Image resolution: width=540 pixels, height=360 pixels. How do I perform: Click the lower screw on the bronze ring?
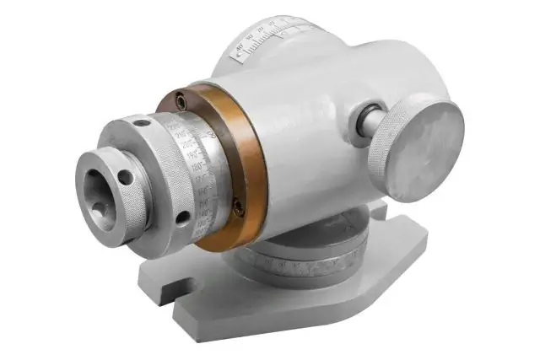point(239,205)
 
